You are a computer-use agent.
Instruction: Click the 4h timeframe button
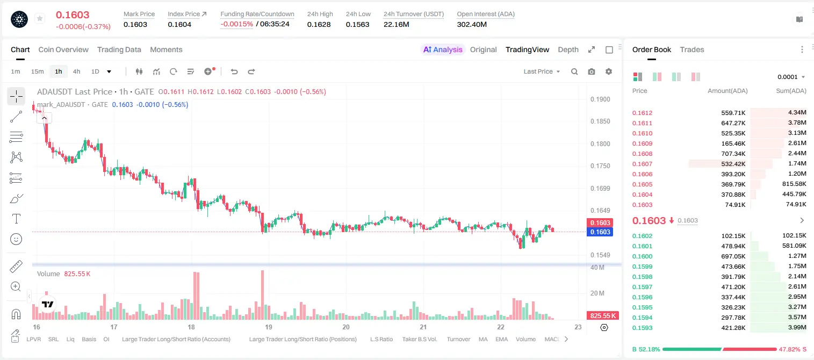coord(76,71)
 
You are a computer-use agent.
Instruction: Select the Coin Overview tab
coord(63,49)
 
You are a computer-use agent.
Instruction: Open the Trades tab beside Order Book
coord(692,49)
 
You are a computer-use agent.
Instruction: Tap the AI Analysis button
coord(443,49)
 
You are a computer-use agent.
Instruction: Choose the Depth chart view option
coord(568,49)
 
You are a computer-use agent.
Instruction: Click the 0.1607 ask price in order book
coord(642,164)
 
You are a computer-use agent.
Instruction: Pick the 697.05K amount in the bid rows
coord(733,256)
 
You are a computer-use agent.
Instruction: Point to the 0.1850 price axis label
coord(600,121)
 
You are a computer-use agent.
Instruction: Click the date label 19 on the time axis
coord(269,327)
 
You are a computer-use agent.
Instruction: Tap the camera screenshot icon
coord(592,71)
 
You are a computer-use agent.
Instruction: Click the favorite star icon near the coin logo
coord(40,18)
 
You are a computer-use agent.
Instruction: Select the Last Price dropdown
coord(542,71)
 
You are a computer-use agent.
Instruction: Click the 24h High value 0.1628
coord(319,24)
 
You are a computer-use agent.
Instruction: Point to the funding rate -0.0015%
coord(236,24)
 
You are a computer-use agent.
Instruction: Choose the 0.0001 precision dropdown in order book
coord(791,77)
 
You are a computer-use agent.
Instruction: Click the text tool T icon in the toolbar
coord(16,219)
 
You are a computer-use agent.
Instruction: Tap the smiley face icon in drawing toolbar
coord(16,239)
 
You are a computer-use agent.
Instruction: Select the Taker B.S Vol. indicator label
coord(419,339)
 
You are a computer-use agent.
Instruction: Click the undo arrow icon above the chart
coord(234,71)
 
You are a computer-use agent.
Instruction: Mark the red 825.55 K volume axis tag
coord(603,316)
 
